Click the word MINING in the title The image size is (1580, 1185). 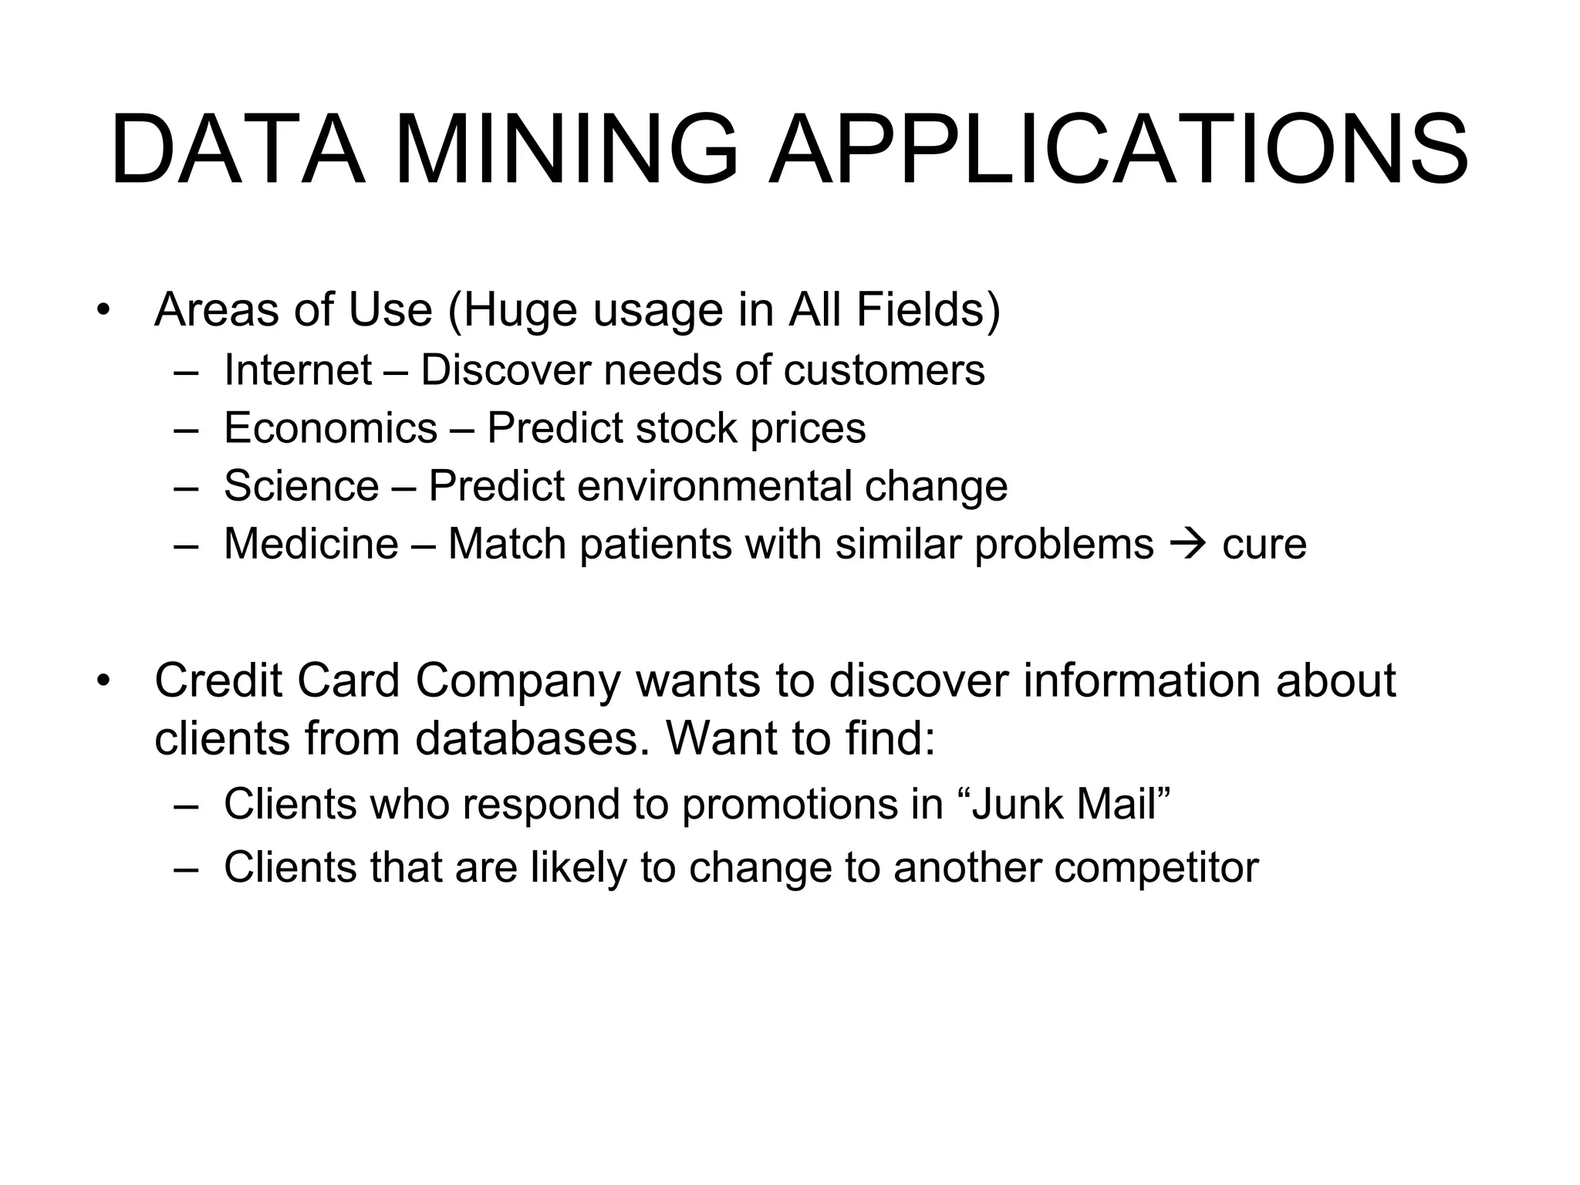(x=567, y=150)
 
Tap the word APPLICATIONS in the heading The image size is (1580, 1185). (x=1118, y=150)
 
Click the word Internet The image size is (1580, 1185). (x=298, y=370)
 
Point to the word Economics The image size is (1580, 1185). (x=330, y=428)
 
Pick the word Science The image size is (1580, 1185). (x=301, y=486)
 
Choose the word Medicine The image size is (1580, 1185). (x=311, y=544)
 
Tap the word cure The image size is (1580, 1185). (x=1264, y=545)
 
